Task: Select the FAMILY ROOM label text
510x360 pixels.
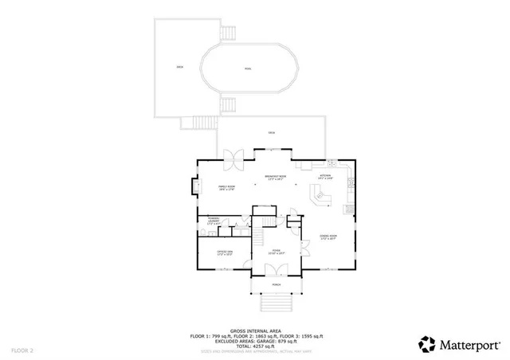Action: click(x=226, y=187)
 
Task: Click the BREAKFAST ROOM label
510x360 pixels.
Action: click(x=276, y=178)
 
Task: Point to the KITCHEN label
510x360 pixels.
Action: click(x=326, y=176)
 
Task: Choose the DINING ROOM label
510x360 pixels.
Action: click(x=328, y=237)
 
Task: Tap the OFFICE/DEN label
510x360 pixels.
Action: click(x=226, y=253)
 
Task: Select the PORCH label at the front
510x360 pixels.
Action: click(x=277, y=284)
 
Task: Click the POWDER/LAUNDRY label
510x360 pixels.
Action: click(x=214, y=221)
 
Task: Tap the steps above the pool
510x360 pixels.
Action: click(x=227, y=33)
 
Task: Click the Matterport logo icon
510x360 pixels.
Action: click(x=429, y=344)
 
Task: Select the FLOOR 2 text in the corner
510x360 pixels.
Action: click(x=23, y=350)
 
